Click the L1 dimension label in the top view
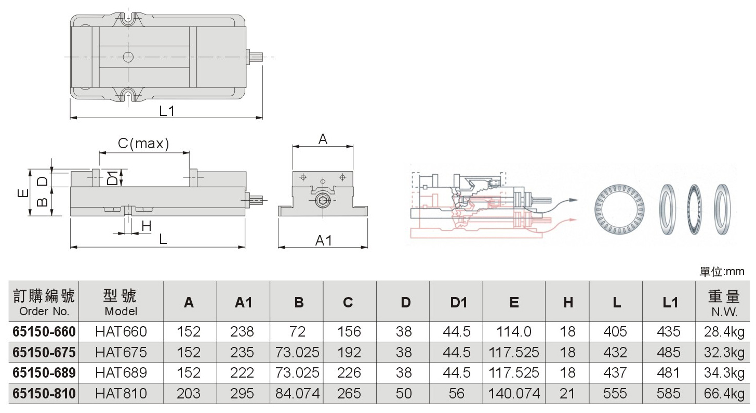pos(167,111)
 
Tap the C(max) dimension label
pos(143,143)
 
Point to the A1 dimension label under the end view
pos(323,240)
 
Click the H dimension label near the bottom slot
pos(147,226)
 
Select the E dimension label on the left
pos(23,193)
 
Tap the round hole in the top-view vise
pos(128,57)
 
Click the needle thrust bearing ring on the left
pos(619,210)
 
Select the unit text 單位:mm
pos(722,272)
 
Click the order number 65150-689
pos(44,372)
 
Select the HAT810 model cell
pos(121,393)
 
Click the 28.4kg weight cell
pos(724,332)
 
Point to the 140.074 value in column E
pos(514,393)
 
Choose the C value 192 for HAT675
pos(349,352)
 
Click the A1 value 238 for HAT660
pos(242,331)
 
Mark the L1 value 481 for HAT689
pos(668,372)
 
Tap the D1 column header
pos(458,302)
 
